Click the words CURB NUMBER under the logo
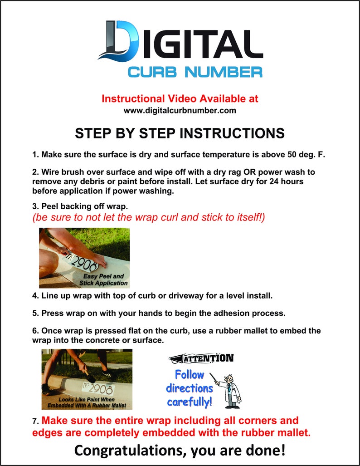pyautogui.click(x=195, y=72)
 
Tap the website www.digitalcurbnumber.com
pyautogui.click(x=180, y=110)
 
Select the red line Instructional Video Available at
pyautogui.click(x=180, y=98)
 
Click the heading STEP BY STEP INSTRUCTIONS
pyautogui.click(x=180, y=133)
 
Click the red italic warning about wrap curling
pyautogui.click(x=148, y=217)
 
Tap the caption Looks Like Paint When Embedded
pyautogui.click(x=86, y=402)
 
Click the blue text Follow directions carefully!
pyautogui.click(x=189, y=388)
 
